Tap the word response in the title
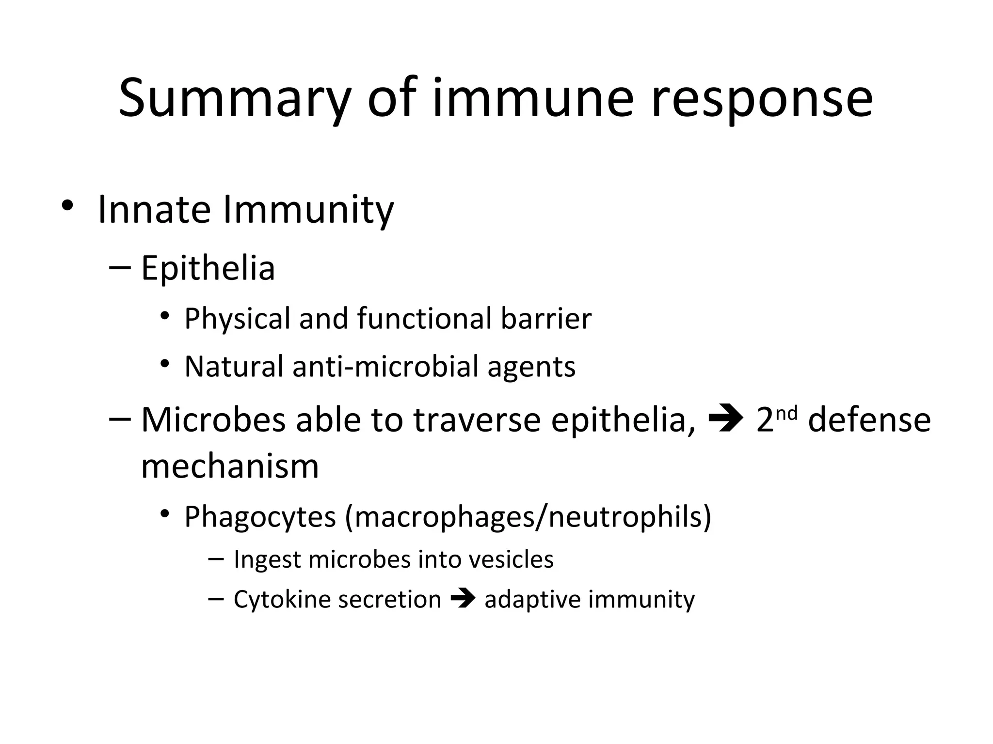[761, 99]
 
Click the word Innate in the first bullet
[154, 210]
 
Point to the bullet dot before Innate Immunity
[67, 206]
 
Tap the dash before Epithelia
[120, 268]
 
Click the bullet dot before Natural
[165, 363]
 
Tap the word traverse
[477, 419]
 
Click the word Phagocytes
[260, 517]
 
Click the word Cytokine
[282, 599]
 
